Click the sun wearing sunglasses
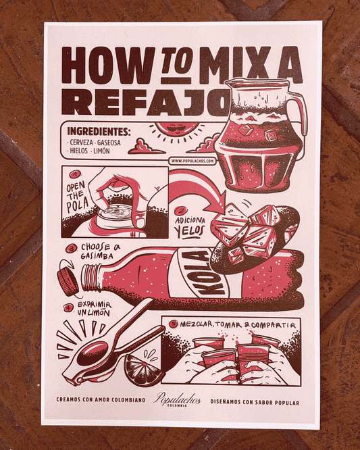(x=175, y=130)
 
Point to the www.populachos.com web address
(x=192, y=161)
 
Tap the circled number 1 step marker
(x=76, y=174)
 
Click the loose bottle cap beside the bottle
(x=68, y=282)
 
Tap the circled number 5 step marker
(x=174, y=324)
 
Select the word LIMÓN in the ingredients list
(x=101, y=151)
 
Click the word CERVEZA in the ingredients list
(x=82, y=143)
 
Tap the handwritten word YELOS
(x=190, y=231)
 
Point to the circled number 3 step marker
(x=70, y=248)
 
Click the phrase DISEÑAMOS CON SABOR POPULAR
(x=255, y=402)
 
